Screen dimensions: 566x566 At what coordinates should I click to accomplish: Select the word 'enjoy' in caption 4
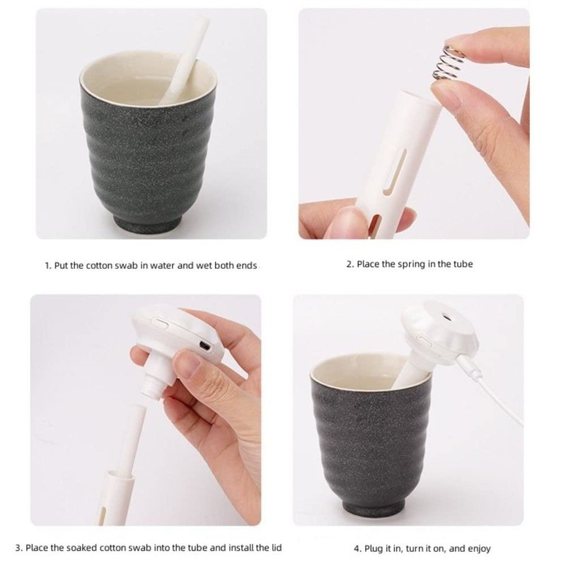click(479, 548)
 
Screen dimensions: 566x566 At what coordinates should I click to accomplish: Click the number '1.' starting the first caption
click(48, 266)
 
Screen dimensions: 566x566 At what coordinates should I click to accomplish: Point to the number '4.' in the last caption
click(357, 548)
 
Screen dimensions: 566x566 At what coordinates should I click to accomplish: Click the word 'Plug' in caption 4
click(375, 548)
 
